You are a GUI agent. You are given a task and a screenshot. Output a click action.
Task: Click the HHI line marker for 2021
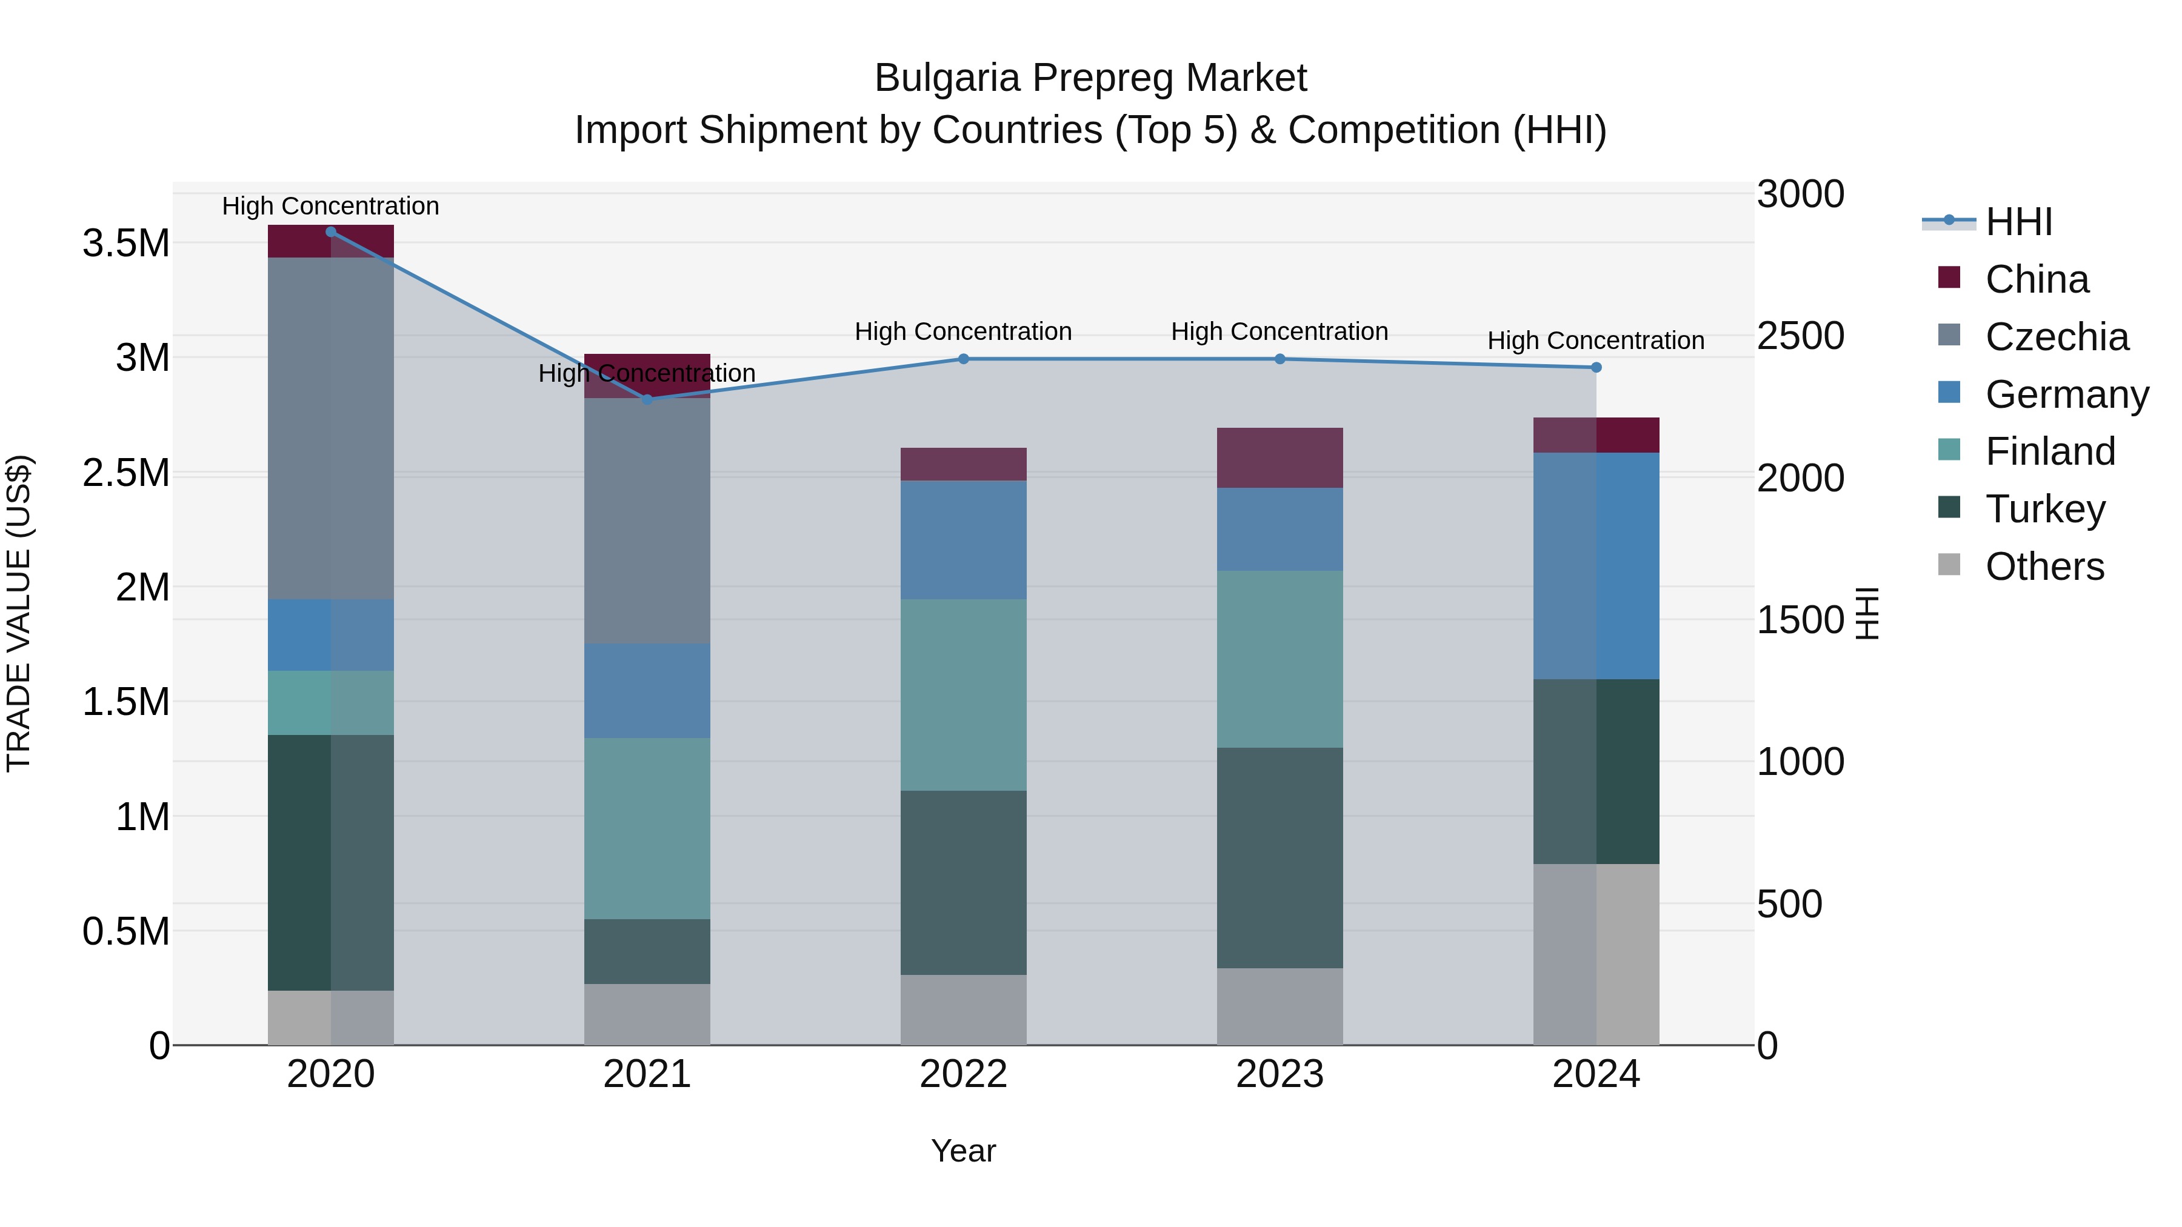(647, 399)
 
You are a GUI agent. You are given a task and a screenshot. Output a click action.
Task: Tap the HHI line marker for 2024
(1596, 368)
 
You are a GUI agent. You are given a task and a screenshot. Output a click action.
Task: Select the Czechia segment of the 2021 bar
(647, 520)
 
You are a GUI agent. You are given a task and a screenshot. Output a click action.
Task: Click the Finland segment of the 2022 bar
(963, 694)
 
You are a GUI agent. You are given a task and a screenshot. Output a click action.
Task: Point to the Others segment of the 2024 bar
(1596, 954)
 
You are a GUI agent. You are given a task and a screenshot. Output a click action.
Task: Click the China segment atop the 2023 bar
(1280, 457)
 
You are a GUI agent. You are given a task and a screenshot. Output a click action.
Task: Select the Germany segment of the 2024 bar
(1596, 566)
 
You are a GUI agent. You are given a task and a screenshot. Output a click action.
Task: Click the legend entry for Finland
(2050, 451)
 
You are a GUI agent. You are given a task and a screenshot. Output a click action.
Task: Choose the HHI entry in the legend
(2018, 222)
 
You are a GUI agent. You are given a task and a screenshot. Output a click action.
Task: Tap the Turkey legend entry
(2045, 509)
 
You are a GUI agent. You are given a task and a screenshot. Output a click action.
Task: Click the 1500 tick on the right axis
(1800, 620)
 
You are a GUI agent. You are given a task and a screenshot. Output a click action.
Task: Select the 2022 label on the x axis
(963, 1074)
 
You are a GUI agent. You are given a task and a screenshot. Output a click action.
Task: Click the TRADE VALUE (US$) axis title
(19, 613)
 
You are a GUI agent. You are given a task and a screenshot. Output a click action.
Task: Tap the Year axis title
(963, 1151)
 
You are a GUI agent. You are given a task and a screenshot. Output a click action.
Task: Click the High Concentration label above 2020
(330, 206)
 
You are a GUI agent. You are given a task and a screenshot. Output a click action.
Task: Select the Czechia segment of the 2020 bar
(330, 428)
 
